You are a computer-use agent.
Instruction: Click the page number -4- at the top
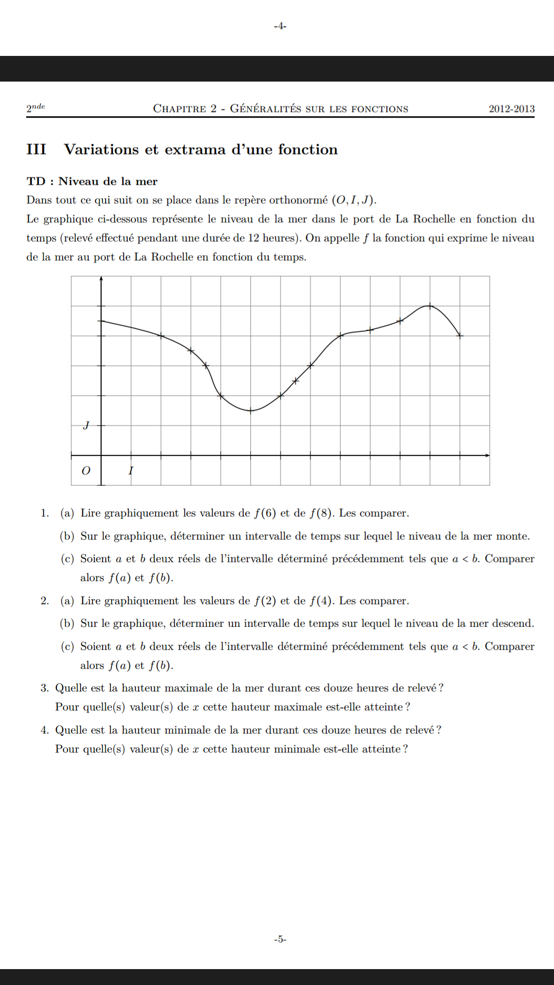280,26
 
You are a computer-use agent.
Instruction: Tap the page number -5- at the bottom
280,939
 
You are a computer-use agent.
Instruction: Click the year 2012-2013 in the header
511,109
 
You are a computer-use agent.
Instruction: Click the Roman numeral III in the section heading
36,149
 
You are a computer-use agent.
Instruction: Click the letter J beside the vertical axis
86,425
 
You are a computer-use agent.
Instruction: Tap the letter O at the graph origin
86,470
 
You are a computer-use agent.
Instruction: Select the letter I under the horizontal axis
131,470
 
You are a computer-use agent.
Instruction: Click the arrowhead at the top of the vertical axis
101,279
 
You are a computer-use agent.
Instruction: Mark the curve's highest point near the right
430,306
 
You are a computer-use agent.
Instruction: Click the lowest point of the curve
250,410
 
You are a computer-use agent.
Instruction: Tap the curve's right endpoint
460,336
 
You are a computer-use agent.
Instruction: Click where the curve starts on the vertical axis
102,321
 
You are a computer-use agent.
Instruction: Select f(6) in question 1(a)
265,513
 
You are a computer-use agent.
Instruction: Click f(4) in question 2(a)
321,601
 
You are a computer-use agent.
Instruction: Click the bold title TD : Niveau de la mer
92,181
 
